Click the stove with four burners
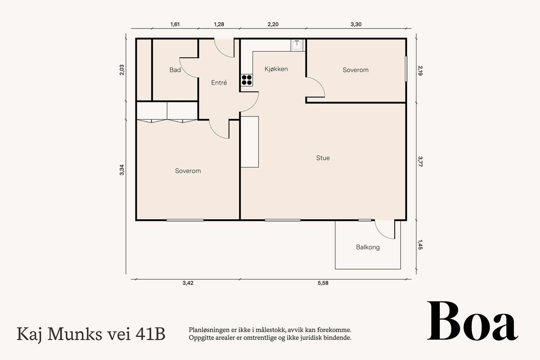point(247,80)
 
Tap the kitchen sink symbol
point(297,45)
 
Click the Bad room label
point(175,70)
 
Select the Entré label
point(219,83)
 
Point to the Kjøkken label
point(276,69)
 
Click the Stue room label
point(323,158)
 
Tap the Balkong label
point(368,247)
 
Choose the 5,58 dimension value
point(323,283)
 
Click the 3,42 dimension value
point(188,283)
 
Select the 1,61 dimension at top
point(175,24)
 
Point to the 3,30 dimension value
point(356,24)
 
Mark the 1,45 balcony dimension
point(420,245)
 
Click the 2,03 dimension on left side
point(122,70)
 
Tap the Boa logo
point(472,322)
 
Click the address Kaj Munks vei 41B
point(91,334)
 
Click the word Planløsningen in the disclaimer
point(209,330)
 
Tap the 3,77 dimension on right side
point(420,161)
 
